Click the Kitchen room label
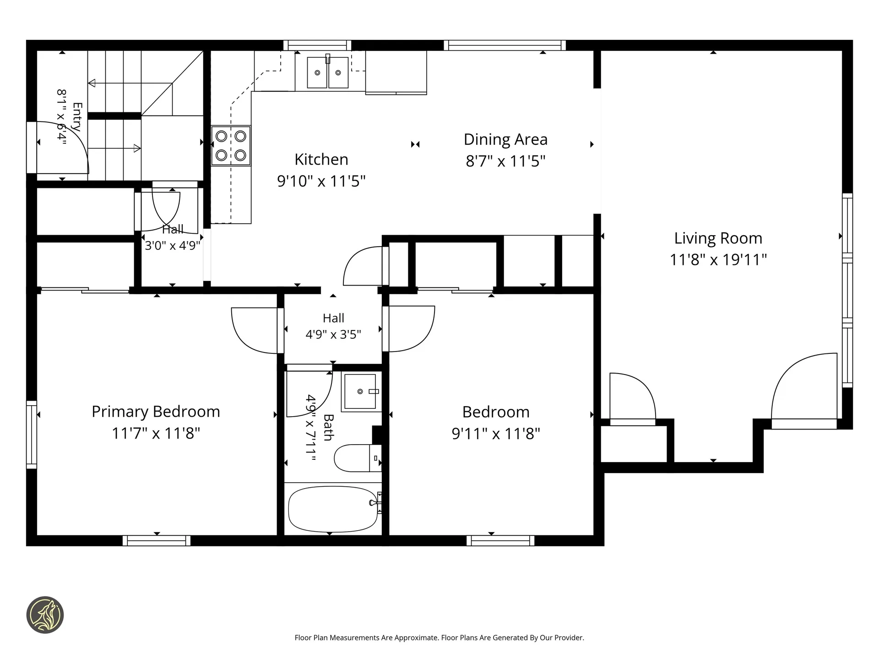click(321, 159)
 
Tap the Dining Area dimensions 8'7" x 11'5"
click(505, 161)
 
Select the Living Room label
click(718, 238)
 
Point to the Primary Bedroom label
click(156, 412)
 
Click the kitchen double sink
click(328, 72)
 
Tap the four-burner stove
click(231, 145)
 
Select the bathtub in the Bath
click(333, 509)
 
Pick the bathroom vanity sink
click(361, 391)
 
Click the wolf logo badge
click(45, 615)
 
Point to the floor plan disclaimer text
click(439, 638)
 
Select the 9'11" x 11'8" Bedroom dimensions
click(496, 434)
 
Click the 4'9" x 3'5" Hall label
click(333, 326)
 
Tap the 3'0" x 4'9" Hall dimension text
click(173, 246)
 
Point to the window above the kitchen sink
click(317, 45)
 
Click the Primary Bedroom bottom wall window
click(157, 540)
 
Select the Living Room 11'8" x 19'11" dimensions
click(718, 260)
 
